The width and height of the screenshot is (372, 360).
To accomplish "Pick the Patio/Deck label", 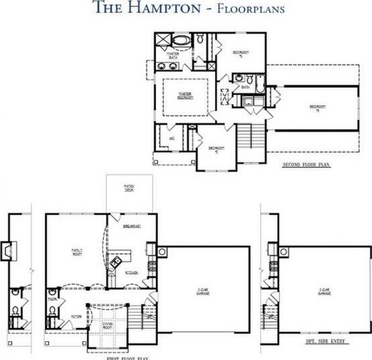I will point(129,187).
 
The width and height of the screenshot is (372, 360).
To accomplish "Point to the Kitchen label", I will point(132,273).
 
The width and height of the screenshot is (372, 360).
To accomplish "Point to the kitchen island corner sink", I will point(117,259).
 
